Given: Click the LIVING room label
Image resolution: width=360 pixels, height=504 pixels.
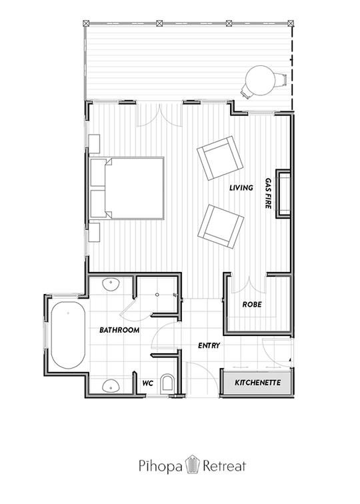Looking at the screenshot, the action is coord(241,188).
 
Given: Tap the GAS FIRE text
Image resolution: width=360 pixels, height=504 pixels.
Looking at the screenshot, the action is coord(269,193).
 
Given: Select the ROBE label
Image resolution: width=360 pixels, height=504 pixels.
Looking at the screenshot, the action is coord(252,305).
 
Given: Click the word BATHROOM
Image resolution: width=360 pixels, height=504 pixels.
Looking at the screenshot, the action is coord(119,330).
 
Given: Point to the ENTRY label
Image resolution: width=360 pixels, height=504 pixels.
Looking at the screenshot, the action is coord(209,345).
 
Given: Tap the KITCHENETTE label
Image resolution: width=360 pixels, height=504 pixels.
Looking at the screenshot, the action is coord(258,383).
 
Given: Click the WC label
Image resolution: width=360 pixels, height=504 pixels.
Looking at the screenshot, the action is coord(147,383).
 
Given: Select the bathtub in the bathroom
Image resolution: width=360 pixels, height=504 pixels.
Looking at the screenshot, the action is coord(68,335).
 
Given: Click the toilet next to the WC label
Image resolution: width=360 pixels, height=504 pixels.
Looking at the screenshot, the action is coord(167,383).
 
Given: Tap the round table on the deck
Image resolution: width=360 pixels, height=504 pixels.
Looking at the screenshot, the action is coord(260,81).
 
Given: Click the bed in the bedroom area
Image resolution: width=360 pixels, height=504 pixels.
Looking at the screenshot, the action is coord(127,189).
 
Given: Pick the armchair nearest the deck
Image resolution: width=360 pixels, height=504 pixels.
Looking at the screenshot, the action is coord(220,158).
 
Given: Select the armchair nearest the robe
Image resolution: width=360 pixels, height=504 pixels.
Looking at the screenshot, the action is coord(221,226).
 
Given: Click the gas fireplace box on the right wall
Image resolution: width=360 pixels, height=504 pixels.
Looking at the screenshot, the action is coord(283,194).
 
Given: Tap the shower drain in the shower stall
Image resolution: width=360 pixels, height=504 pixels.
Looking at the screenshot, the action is coord(157,295).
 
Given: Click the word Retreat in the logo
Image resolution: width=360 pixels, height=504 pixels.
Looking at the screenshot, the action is coord(225,466).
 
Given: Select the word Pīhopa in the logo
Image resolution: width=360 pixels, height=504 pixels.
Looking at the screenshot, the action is coord(160,467).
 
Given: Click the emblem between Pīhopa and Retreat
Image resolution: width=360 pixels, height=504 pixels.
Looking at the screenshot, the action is coord(192,464).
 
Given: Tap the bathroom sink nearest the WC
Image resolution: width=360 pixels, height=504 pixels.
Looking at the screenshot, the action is coord(111,386).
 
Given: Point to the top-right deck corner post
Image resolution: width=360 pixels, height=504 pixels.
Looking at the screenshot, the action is coord(291,23).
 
